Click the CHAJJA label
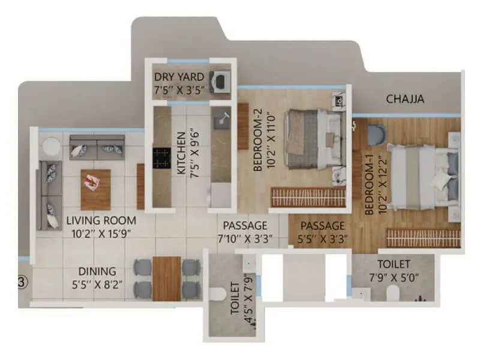(x=405, y=99)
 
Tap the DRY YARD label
(x=179, y=77)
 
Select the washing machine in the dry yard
(x=221, y=80)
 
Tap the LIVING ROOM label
(x=101, y=220)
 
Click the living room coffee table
(x=95, y=188)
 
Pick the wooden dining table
(x=167, y=278)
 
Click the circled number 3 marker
(x=22, y=282)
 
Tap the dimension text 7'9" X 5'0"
(x=394, y=277)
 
